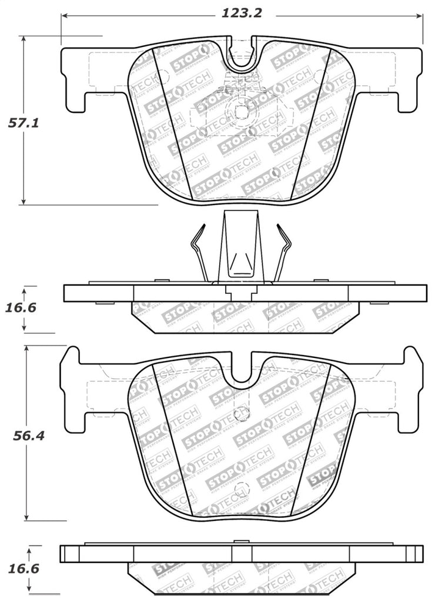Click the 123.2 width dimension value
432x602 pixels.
pyautogui.click(x=241, y=12)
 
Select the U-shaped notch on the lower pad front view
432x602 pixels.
pyautogui.click(x=241, y=370)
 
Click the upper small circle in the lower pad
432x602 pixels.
pyautogui.click(x=240, y=414)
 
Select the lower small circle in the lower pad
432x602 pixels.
pyautogui.click(x=240, y=489)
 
